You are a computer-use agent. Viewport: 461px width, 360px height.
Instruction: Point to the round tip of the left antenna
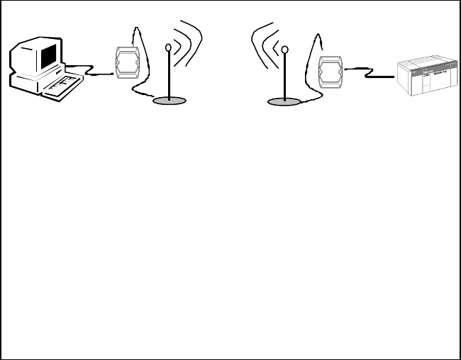[168, 48]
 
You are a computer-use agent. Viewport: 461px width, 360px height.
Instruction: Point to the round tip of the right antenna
[284, 50]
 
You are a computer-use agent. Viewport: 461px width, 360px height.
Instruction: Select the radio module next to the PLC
[330, 72]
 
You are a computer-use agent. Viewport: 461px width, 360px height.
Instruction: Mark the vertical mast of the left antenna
[168, 78]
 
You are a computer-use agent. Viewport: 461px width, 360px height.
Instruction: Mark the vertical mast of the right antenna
[284, 78]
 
